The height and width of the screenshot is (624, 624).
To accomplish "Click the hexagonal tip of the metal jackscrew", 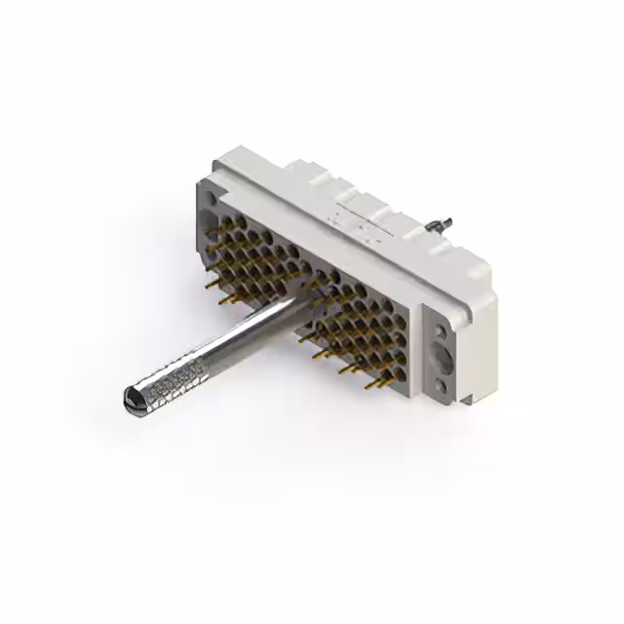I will tap(134, 397).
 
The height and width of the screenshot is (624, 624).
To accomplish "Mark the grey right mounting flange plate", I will tap(443, 356).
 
